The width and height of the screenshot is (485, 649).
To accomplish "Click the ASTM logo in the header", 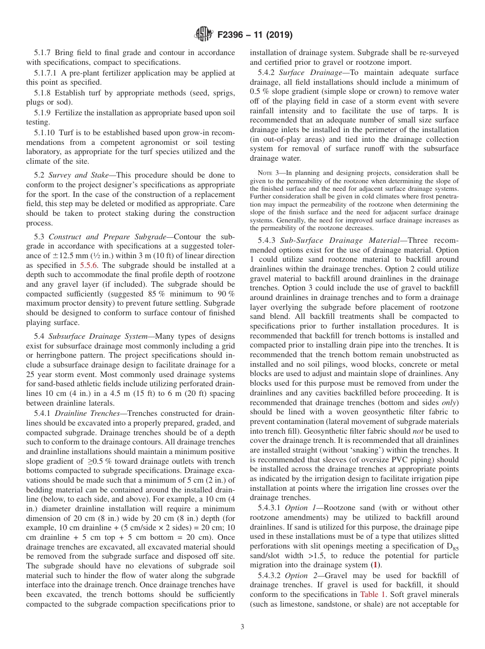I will tap(204, 35).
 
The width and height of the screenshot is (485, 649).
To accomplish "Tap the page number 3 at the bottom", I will tap(243, 627).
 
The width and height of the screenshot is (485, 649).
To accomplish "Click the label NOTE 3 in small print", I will tap(266, 173).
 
